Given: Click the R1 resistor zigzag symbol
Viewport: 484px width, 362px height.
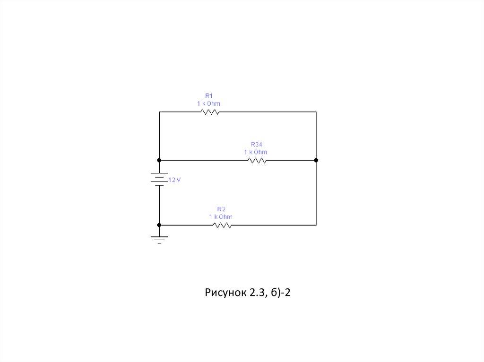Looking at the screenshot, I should point(210,112).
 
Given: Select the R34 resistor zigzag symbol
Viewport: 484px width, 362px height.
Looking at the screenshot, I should point(257,160).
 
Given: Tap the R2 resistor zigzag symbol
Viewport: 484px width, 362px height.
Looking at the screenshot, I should point(222,225).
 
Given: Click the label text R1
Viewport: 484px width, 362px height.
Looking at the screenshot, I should point(209,96).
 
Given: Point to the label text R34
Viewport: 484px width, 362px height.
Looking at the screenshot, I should point(256,144).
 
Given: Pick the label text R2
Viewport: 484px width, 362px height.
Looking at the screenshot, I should point(221,209).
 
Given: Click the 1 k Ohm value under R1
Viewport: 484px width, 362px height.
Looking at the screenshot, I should point(209,103).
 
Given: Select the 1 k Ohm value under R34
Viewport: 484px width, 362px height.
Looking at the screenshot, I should point(256,152).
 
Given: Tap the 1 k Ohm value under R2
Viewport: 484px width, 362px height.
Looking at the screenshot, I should point(221,217).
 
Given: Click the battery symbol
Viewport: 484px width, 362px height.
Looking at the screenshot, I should point(159,179).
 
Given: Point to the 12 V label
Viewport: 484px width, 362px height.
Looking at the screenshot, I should point(174,180).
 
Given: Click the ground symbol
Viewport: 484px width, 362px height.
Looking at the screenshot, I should point(159,239).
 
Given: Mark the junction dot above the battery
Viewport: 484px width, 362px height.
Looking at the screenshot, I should point(159,160).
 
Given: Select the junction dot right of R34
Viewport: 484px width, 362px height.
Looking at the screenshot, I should point(316,160).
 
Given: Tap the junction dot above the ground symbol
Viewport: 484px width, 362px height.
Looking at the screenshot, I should point(159,225).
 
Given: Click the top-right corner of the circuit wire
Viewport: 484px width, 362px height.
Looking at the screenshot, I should point(316,112).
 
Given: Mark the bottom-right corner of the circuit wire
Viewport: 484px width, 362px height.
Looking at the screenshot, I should point(316,225).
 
